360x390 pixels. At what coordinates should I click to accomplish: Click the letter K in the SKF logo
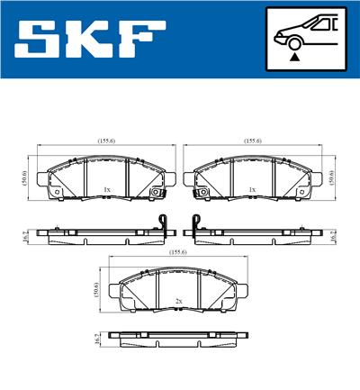coord(94,39)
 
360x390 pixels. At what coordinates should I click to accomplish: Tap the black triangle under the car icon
coord(294,56)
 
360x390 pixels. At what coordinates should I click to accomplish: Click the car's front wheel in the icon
coord(292,41)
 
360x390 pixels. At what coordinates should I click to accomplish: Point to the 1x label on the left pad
coord(106,189)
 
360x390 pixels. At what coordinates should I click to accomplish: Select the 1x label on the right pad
coord(253,189)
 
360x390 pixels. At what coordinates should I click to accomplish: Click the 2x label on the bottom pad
coord(179,300)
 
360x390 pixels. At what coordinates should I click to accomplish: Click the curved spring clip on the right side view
coord(195,223)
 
